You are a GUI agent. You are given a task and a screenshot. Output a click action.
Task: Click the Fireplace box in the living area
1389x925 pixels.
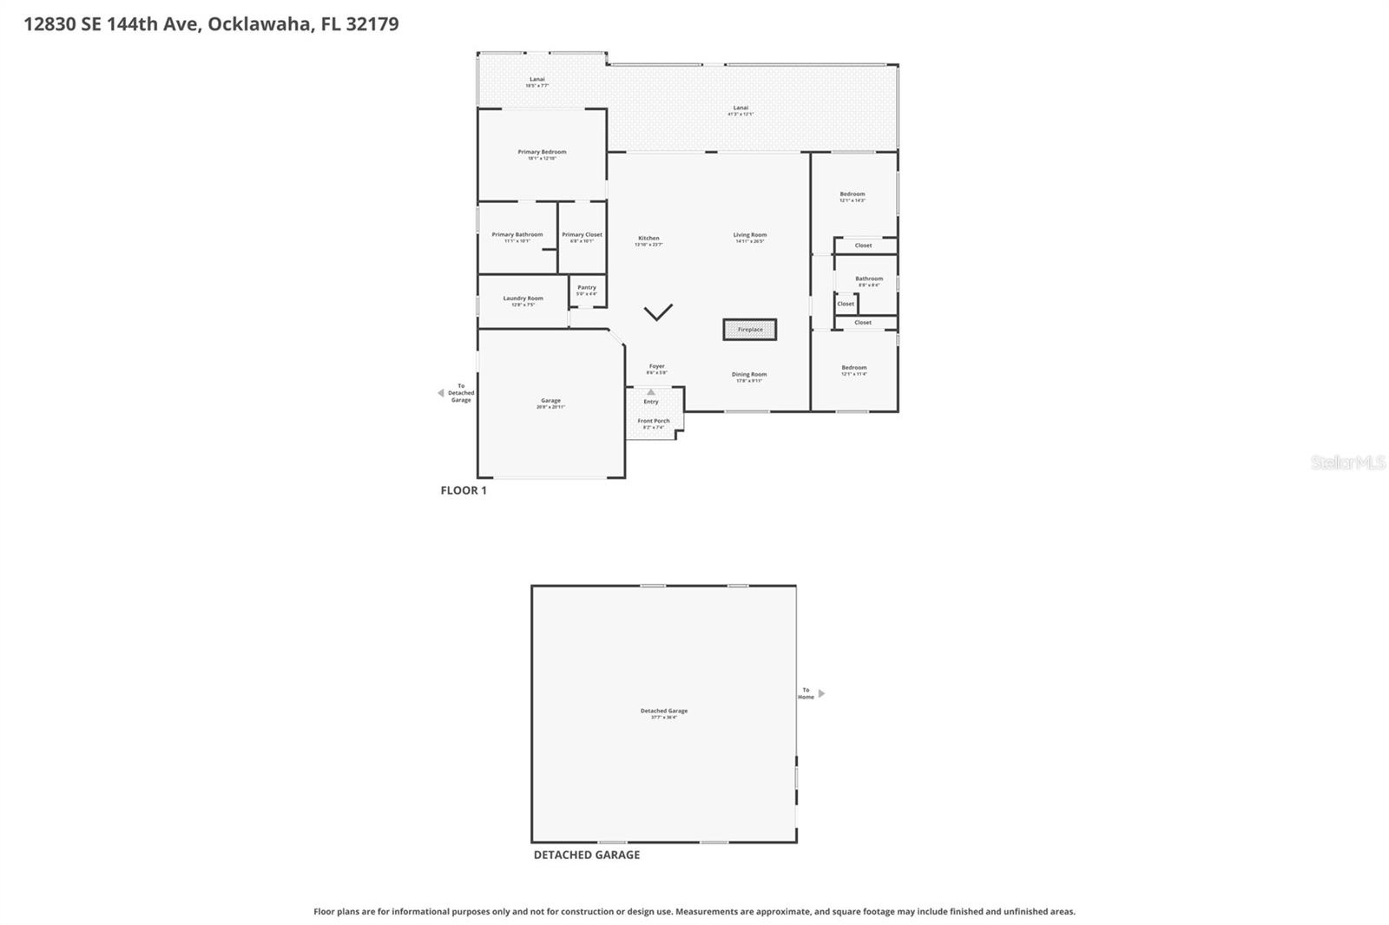click(750, 330)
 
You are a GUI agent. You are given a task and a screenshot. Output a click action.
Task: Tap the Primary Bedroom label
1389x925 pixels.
click(542, 152)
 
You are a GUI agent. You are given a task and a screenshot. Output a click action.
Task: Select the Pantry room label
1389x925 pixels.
click(587, 288)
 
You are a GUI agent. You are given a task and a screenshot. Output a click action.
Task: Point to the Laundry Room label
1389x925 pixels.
click(523, 298)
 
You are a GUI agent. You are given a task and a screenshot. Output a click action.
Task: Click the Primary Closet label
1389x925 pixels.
click(582, 235)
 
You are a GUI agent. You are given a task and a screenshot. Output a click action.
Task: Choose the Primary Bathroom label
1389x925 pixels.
click(517, 235)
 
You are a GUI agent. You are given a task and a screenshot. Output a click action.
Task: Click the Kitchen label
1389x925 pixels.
click(648, 239)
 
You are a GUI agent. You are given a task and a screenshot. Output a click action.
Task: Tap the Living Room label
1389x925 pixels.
click(749, 235)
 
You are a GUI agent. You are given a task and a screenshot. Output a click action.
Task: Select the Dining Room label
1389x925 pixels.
click(748, 375)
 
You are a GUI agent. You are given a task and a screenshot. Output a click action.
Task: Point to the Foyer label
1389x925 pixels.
click(656, 367)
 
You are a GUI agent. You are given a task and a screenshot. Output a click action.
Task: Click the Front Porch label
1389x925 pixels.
click(654, 422)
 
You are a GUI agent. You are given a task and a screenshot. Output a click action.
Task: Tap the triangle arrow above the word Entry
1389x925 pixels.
click(651, 392)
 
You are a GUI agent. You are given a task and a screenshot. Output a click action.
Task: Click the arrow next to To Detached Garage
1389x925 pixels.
click(440, 393)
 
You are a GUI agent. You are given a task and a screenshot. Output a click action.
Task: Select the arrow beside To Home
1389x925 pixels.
click(821, 693)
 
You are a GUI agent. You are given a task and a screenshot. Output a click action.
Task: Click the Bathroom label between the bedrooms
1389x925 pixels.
click(868, 279)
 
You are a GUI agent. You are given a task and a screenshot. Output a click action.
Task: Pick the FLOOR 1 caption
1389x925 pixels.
click(464, 490)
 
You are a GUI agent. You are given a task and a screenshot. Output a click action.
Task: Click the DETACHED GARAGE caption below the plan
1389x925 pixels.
click(586, 855)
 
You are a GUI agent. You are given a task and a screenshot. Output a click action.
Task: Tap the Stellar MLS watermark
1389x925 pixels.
click(1347, 462)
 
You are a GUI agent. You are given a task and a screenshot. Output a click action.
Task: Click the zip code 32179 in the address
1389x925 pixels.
click(372, 23)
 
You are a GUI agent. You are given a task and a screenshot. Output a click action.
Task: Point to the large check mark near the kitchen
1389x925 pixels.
click(658, 312)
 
